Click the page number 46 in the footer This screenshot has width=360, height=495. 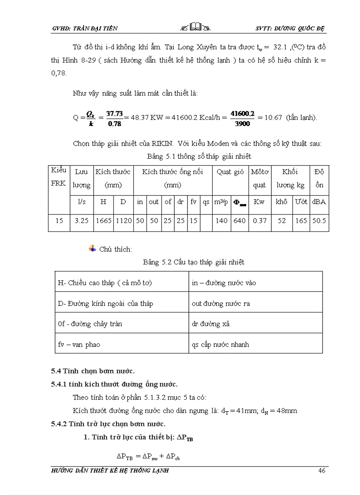point(322,471)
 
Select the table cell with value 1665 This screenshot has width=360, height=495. point(103,220)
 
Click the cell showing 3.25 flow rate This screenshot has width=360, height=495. point(81,220)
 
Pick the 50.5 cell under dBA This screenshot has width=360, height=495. point(319,220)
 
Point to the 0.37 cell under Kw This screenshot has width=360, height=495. point(259,220)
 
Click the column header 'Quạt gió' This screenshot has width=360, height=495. point(230,172)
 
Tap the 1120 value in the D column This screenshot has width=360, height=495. point(124,220)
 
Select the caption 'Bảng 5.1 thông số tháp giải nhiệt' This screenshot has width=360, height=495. point(199,156)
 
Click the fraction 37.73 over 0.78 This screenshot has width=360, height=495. point(115,119)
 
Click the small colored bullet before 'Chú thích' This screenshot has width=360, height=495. point(92,249)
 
